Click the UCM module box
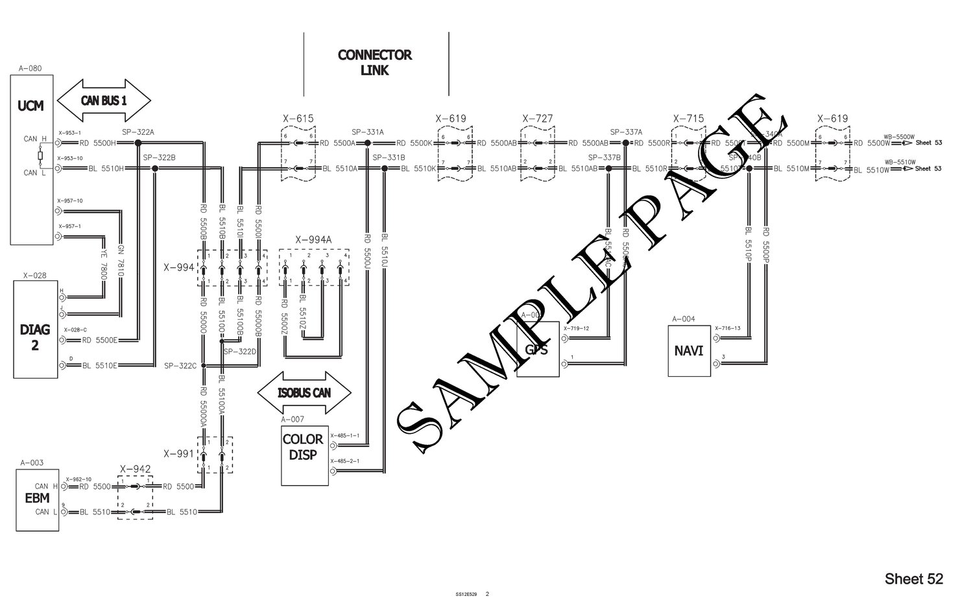point(31,160)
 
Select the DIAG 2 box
point(35,329)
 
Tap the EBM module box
point(38,499)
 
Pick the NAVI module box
point(690,351)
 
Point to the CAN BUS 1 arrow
point(104,101)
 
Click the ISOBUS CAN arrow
point(304,392)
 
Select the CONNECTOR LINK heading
point(375,62)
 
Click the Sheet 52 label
point(913,578)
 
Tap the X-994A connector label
point(313,240)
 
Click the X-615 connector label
point(298,119)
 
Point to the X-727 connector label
point(537,119)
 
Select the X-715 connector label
point(688,119)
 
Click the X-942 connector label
point(135,469)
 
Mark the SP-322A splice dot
point(138,143)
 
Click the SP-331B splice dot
point(384,169)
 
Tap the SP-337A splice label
point(626,132)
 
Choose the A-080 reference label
point(30,67)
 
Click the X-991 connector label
point(178,453)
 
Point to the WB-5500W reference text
point(899,137)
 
